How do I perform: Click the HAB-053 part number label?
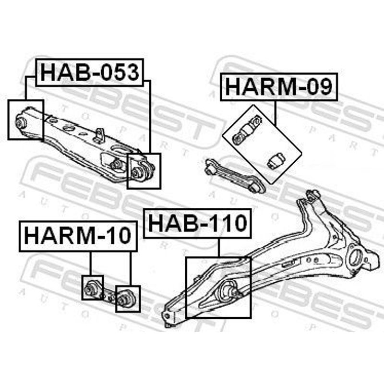coord(90,72)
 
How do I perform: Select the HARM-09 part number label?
coord(279,87)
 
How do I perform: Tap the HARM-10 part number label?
coord(78,236)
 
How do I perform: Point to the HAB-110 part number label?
coord(197,223)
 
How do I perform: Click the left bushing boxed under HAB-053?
coord(21,122)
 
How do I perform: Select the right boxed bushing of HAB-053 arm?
coord(136,172)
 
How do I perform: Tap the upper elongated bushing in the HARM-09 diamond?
coord(247,130)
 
